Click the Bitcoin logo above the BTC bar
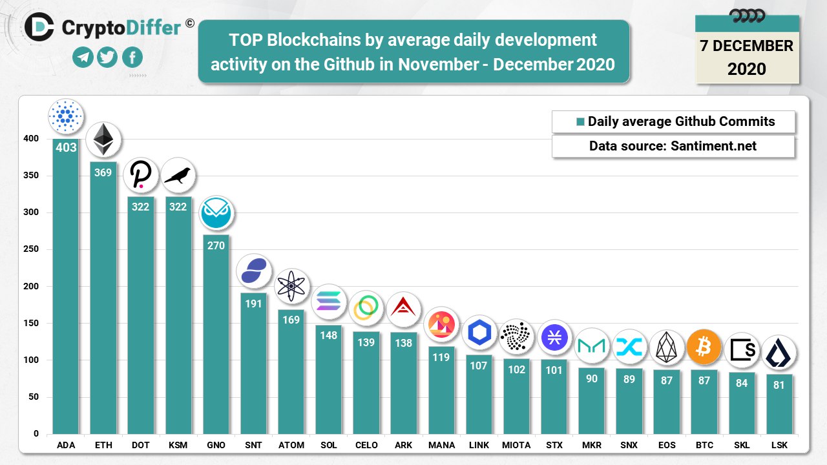click(704, 347)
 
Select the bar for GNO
click(216, 336)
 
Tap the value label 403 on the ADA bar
click(66, 147)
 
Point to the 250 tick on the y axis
click(32, 249)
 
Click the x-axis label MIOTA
click(516, 445)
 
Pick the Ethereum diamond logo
click(103, 139)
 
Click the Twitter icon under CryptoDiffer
click(107, 57)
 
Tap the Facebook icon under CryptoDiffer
click(132, 57)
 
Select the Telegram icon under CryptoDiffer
click(83, 57)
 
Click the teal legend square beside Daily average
click(580, 121)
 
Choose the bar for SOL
click(328, 381)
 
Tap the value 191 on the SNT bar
click(253, 303)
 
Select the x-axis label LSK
click(779, 445)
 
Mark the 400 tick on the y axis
click(32, 139)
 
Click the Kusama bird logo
click(178, 175)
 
